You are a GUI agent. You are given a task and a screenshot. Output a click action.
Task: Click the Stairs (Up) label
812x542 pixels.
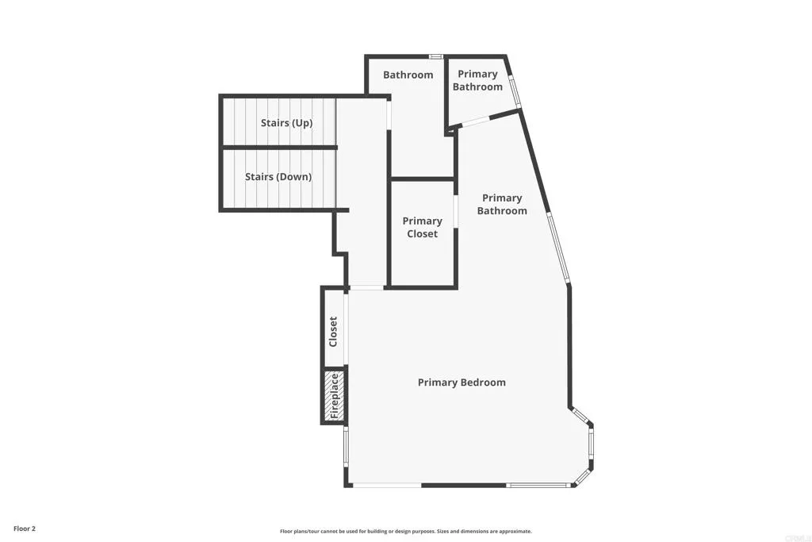pos(286,123)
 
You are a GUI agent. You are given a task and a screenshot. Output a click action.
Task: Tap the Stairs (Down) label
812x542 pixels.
pos(278,177)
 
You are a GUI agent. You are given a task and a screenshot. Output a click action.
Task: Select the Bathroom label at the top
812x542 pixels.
pos(408,75)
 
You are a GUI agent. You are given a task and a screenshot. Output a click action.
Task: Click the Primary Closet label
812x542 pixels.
pos(422,227)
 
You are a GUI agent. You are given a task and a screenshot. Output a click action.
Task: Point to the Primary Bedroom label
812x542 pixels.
pos(462,382)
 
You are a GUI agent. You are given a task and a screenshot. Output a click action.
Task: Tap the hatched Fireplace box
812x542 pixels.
pos(334,395)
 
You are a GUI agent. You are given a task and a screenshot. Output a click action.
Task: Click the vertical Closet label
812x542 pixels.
pos(333,332)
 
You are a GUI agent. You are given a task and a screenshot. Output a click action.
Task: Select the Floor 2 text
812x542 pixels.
pos(25,528)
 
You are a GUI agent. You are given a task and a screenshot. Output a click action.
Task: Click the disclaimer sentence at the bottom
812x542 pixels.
pos(405,532)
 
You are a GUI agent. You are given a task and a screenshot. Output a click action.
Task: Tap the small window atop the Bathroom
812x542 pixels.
pos(435,56)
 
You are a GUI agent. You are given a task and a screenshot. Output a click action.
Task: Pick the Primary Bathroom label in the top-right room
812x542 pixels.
pos(477,80)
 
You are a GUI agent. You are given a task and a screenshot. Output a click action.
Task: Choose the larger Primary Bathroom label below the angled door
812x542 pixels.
pos(501,204)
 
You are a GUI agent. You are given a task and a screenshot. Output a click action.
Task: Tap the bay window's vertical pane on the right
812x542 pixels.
pos(591,448)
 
